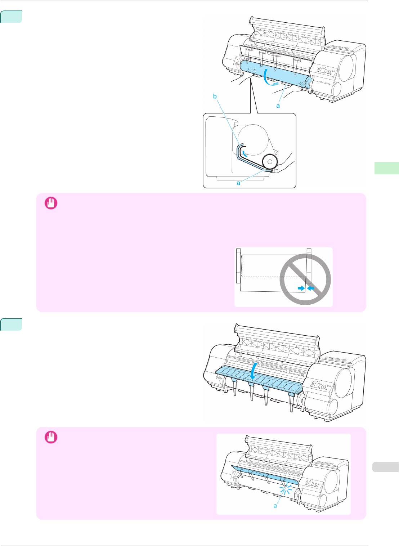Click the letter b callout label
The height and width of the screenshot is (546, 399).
click(x=215, y=96)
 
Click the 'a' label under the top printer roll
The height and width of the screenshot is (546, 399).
click(x=278, y=106)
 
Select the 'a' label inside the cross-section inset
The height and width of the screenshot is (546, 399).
click(x=238, y=183)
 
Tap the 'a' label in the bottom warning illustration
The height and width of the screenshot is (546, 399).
click(x=275, y=506)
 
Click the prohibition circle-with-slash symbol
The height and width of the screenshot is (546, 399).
click(x=305, y=279)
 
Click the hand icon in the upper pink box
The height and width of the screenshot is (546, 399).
click(x=51, y=203)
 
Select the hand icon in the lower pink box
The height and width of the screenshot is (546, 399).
click(x=51, y=437)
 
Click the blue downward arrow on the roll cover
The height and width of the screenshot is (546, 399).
click(x=254, y=371)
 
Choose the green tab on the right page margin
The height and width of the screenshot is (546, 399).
click(x=386, y=168)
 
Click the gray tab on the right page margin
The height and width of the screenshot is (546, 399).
click(x=385, y=467)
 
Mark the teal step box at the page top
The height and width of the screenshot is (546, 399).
click(x=11, y=17)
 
